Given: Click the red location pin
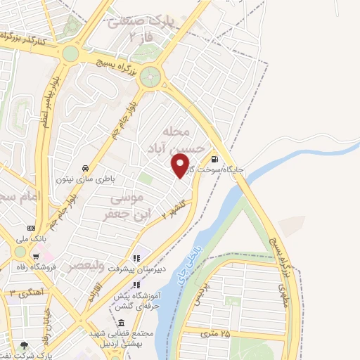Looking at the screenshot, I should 181,166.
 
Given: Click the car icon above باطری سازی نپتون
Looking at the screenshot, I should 84,169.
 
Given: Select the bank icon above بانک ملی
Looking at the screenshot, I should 31,228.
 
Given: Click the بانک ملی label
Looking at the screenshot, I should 31,239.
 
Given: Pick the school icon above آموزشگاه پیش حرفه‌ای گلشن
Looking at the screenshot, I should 136,284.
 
